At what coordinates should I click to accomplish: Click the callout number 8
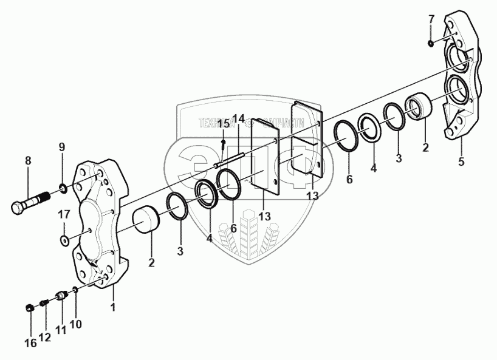point(28,161)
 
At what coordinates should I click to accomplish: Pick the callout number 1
point(112,308)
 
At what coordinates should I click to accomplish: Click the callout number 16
point(30,344)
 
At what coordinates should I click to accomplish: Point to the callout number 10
point(75,324)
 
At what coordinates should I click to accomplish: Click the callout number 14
point(239,117)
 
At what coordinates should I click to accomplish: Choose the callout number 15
point(224,124)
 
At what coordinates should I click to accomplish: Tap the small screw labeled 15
point(224,144)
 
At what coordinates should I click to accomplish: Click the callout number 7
point(431,19)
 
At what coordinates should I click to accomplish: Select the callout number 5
point(461,161)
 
